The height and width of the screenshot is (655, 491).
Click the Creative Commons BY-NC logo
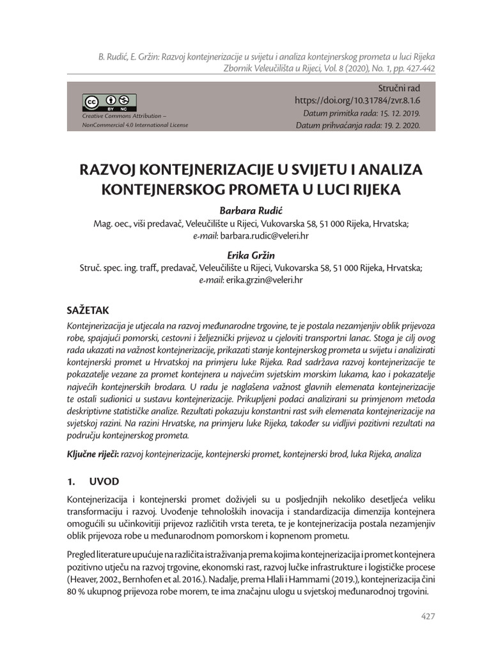point(109,102)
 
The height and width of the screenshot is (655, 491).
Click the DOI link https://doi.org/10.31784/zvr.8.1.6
point(357,100)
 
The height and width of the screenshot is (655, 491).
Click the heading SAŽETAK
point(88,310)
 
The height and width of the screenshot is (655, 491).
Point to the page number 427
point(428,616)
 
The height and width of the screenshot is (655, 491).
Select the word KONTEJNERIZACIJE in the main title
point(192,171)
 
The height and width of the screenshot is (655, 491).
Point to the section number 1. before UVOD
point(72,481)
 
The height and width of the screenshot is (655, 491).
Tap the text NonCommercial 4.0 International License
point(135,125)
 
